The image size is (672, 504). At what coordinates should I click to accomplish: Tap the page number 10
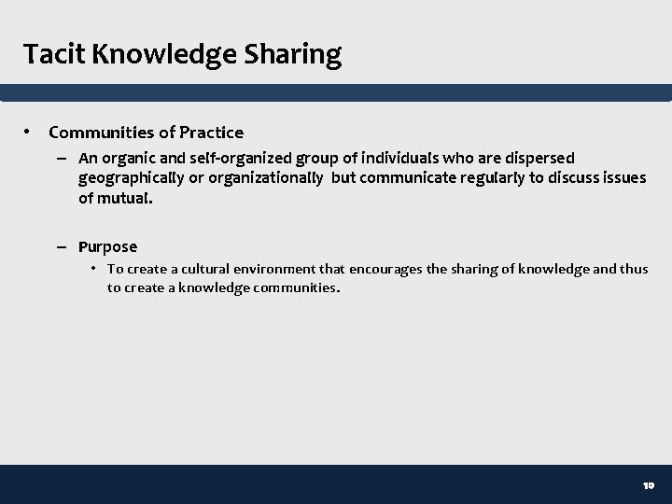tap(649, 486)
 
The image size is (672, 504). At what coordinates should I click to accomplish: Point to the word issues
tap(622, 177)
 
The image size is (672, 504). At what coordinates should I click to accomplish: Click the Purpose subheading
tap(108, 247)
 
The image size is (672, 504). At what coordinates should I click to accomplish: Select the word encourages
tap(386, 269)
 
